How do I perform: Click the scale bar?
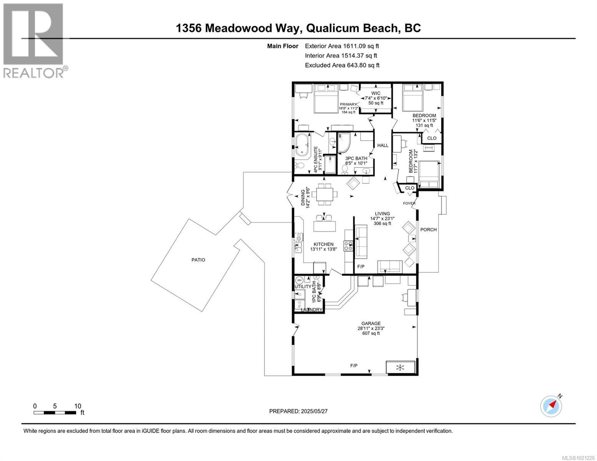[x=55, y=413]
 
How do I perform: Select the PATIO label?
[x=198, y=260]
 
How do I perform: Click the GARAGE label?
[x=371, y=323]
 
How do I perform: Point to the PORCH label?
[x=428, y=230]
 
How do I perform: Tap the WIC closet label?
[x=376, y=93]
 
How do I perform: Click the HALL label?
[x=382, y=145]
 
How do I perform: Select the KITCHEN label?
[x=323, y=244]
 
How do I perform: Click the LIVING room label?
[x=382, y=214]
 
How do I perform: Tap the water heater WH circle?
[x=299, y=280]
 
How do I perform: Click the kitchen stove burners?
[x=348, y=245]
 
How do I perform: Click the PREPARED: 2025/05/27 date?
[x=298, y=411]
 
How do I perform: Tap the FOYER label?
[x=409, y=203]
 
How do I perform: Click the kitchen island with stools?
[x=324, y=224]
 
